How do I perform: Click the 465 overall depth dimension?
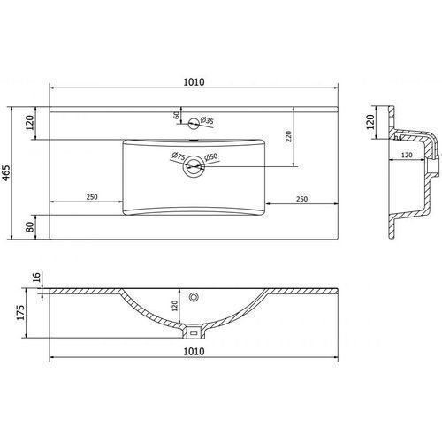tap(6, 173)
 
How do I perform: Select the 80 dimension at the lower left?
tap(30, 227)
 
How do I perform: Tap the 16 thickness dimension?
tap(36, 277)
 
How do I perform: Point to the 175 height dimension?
tap(20, 313)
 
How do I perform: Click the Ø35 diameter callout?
tap(207, 120)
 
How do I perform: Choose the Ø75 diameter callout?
tap(179, 156)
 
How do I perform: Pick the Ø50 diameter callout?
tap(211, 156)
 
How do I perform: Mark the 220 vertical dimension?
tap(288, 136)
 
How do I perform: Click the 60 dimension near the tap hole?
tap(177, 115)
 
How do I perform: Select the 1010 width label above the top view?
tap(194, 82)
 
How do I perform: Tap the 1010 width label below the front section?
tap(194, 351)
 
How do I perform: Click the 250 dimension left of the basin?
tap(92, 196)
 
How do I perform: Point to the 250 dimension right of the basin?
tap(301, 199)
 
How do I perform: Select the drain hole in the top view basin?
tap(194, 166)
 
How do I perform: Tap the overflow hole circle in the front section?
tap(194, 297)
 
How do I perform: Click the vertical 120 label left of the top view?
tap(30, 123)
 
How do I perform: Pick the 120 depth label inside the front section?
tap(174, 306)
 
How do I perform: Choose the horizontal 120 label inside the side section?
tap(407, 155)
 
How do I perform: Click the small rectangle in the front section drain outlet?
tap(194, 333)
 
